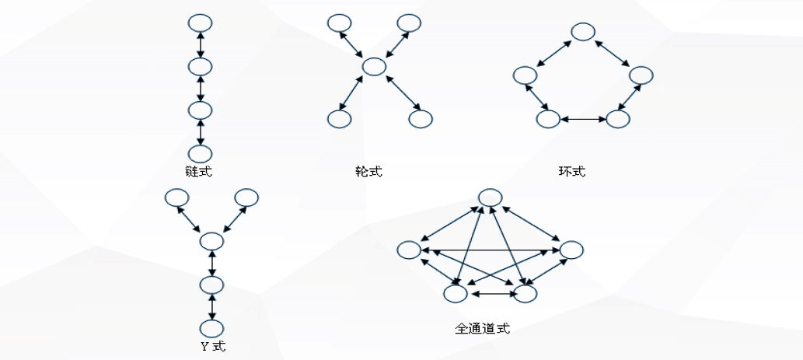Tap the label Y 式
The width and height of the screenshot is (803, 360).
click(212, 346)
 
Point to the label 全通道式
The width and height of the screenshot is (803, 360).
click(482, 328)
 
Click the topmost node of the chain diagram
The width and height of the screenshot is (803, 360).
click(201, 22)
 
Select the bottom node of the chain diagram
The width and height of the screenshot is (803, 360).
click(201, 153)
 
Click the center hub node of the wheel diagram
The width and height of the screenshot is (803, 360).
click(374, 67)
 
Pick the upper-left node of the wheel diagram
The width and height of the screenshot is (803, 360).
click(338, 23)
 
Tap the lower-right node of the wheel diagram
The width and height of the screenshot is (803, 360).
click(420, 119)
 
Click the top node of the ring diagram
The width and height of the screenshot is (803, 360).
click(583, 32)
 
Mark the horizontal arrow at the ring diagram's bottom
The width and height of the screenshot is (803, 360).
click(582, 120)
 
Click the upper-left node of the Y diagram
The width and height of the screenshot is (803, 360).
click(176, 198)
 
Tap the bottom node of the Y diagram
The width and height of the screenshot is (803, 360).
click(211, 328)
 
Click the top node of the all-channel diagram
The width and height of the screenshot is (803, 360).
click(490, 198)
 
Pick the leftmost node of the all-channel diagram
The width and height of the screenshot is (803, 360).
click(409, 250)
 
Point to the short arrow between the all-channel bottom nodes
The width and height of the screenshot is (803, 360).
click(490, 294)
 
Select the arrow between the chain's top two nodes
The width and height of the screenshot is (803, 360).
click(201, 44)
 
